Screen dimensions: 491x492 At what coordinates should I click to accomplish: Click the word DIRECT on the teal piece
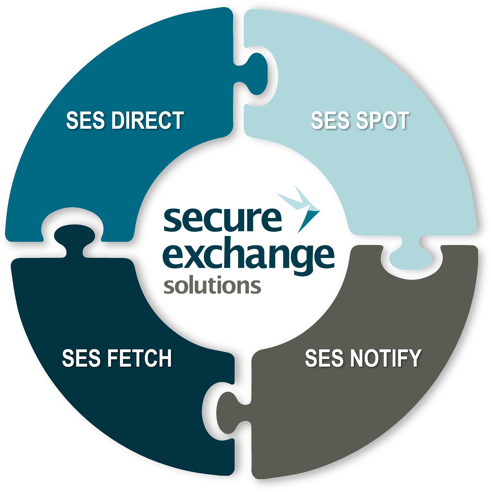tap(147, 120)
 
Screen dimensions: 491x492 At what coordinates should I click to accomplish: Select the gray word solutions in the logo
tap(212, 285)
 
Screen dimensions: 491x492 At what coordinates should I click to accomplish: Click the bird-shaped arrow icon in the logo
tap(299, 208)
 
